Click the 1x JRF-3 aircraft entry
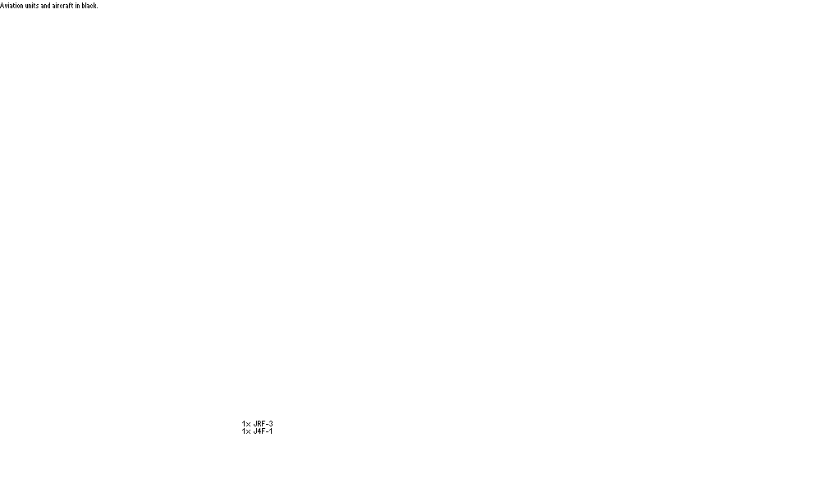pyautogui.click(x=258, y=424)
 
